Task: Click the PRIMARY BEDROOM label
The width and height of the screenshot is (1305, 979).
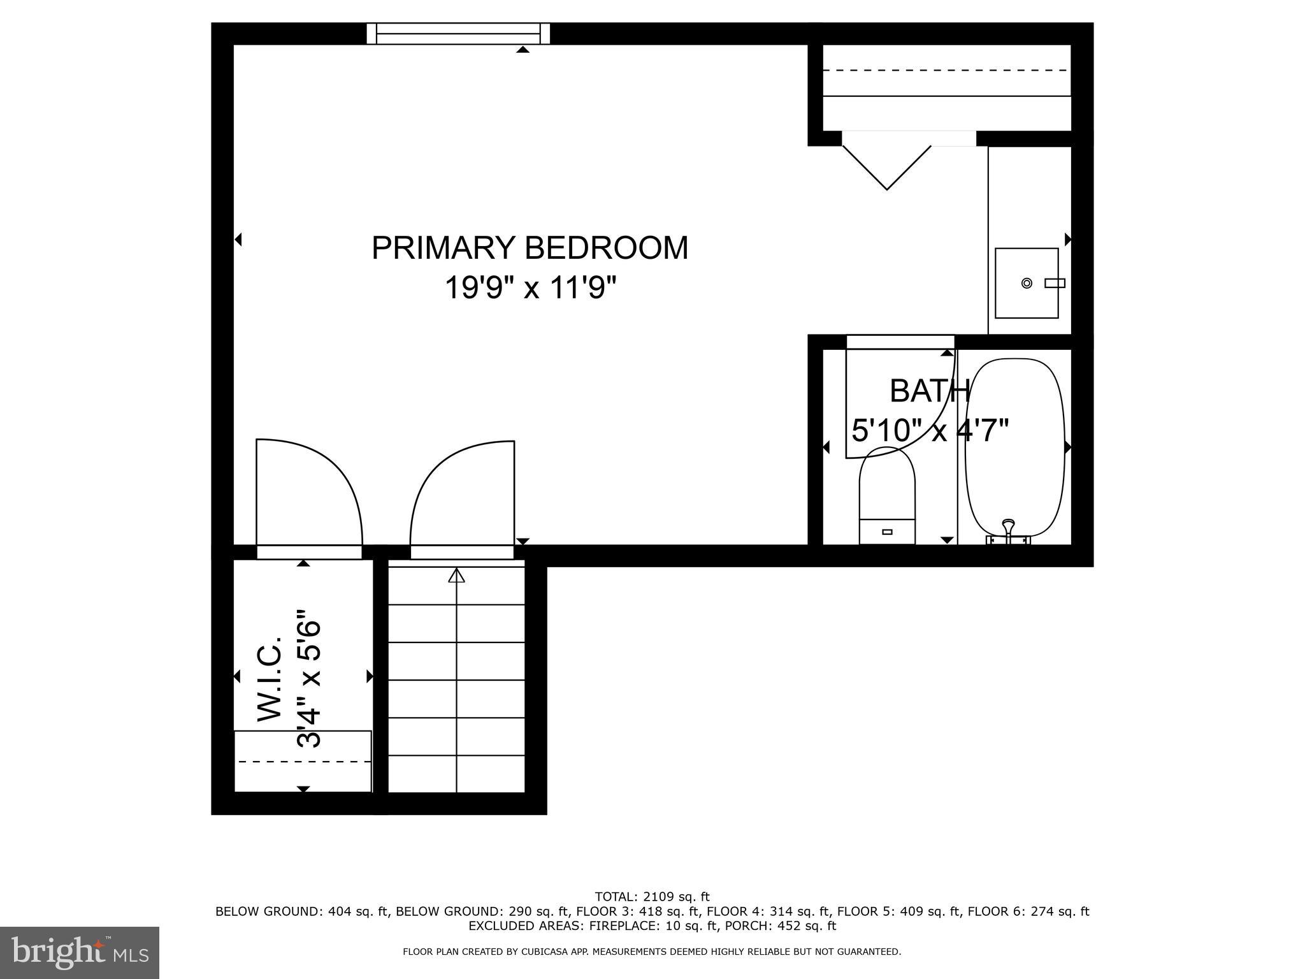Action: click(530, 248)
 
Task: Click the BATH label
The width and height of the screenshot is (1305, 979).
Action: click(929, 391)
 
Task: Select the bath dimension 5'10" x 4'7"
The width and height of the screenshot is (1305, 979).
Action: click(930, 430)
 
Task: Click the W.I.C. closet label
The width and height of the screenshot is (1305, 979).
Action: click(270, 678)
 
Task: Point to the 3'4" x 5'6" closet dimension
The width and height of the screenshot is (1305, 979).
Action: click(309, 678)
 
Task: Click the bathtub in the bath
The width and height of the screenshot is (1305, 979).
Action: click(1014, 446)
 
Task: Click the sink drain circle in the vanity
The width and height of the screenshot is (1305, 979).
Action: click(1027, 283)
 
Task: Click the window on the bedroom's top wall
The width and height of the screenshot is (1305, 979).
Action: click(458, 33)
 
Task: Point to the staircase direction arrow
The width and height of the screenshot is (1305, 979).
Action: click(456, 576)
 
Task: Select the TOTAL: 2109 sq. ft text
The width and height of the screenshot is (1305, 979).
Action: click(652, 897)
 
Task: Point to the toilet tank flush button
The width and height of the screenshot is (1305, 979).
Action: click(887, 532)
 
